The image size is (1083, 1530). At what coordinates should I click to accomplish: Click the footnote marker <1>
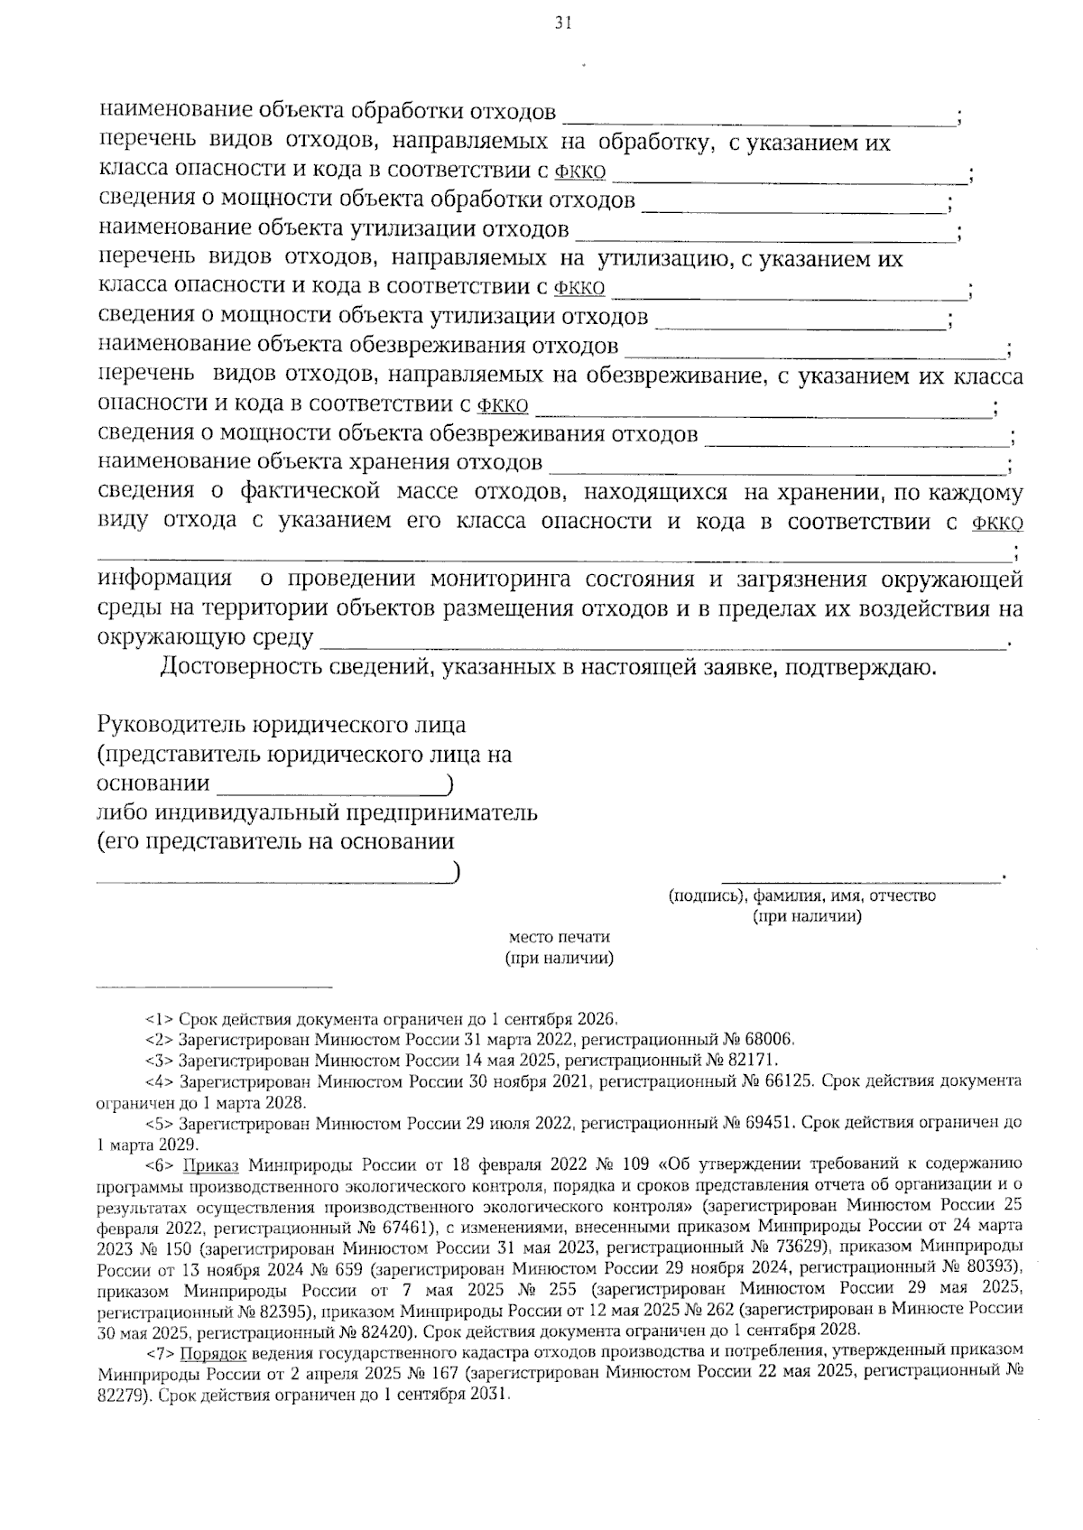coord(161,1020)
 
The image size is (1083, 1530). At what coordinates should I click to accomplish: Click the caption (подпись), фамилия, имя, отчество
coord(801,896)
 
